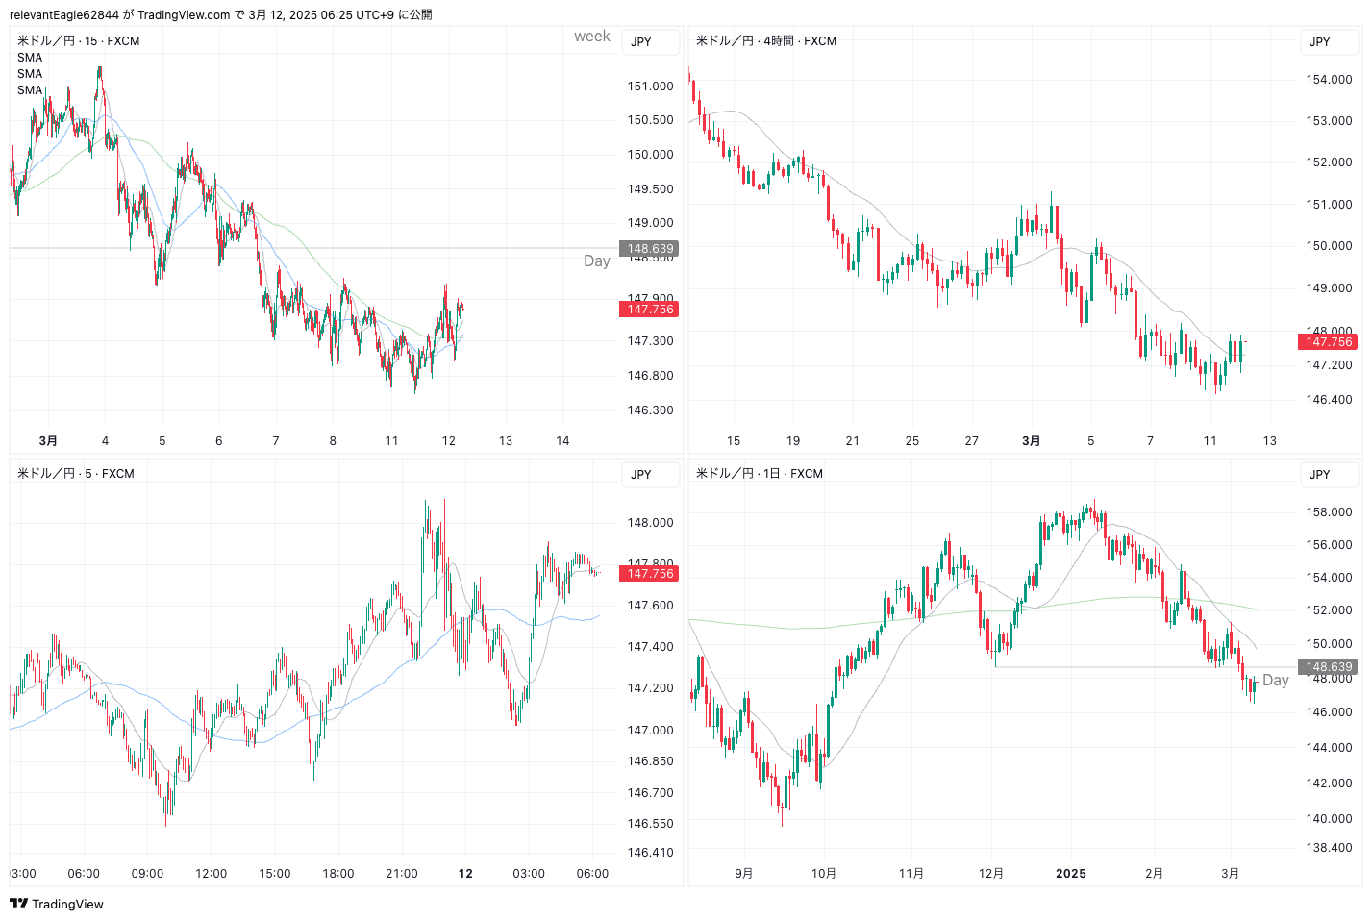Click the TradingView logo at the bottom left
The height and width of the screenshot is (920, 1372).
click(x=56, y=904)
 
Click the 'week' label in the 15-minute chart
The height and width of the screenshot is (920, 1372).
click(x=592, y=37)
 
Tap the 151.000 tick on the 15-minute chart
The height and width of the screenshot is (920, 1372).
click(x=650, y=87)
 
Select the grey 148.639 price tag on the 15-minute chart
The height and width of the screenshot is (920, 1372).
click(x=651, y=249)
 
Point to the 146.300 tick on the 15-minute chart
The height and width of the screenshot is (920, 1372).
click(x=650, y=410)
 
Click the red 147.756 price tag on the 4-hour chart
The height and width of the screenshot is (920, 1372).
click(x=1329, y=342)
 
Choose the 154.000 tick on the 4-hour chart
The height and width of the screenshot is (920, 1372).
click(x=1329, y=80)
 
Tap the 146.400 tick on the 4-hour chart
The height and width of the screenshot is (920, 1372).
click(x=1329, y=400)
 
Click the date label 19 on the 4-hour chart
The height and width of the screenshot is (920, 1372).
click(x=793, y=441)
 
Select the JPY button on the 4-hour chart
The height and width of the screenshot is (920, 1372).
click(x=1320, y=42)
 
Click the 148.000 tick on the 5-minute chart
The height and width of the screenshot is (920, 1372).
click(x=650, y=523)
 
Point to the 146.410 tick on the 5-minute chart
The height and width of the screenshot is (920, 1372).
click(x=650, y=853)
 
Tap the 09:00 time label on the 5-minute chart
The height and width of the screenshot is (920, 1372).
click(x=147, y=874)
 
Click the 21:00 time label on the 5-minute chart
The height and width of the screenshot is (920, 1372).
click(x=402, y=874)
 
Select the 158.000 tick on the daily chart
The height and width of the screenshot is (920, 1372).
click(x=1329, y=512)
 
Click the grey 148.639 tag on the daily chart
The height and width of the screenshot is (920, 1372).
click(x=1329, y=667)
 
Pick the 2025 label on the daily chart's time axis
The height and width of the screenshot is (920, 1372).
click(x=1071, y=874)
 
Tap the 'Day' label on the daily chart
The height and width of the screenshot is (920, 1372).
click(x=1276, y=681)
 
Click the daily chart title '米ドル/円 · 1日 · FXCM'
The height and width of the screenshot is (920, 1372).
click(x=760, y=474)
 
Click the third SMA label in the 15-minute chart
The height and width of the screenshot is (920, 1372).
click(x=30, y=90)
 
